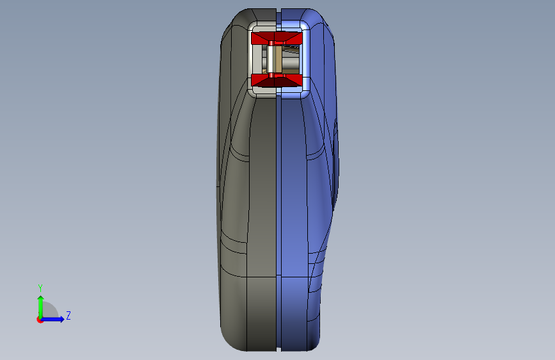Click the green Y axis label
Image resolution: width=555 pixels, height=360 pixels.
(40, 288)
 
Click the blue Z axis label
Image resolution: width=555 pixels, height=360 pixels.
(68, 315)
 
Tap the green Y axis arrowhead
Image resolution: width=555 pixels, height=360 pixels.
(41, 299)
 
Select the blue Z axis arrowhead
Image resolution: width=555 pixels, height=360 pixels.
(62, 319)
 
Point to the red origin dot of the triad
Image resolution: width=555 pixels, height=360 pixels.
(40, 320)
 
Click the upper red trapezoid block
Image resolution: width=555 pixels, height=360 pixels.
(277, 38)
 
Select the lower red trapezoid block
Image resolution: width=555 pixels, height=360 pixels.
(277, 81)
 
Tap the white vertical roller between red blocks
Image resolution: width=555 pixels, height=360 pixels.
(271, 59)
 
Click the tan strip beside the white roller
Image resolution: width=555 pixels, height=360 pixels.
(278, 59)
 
